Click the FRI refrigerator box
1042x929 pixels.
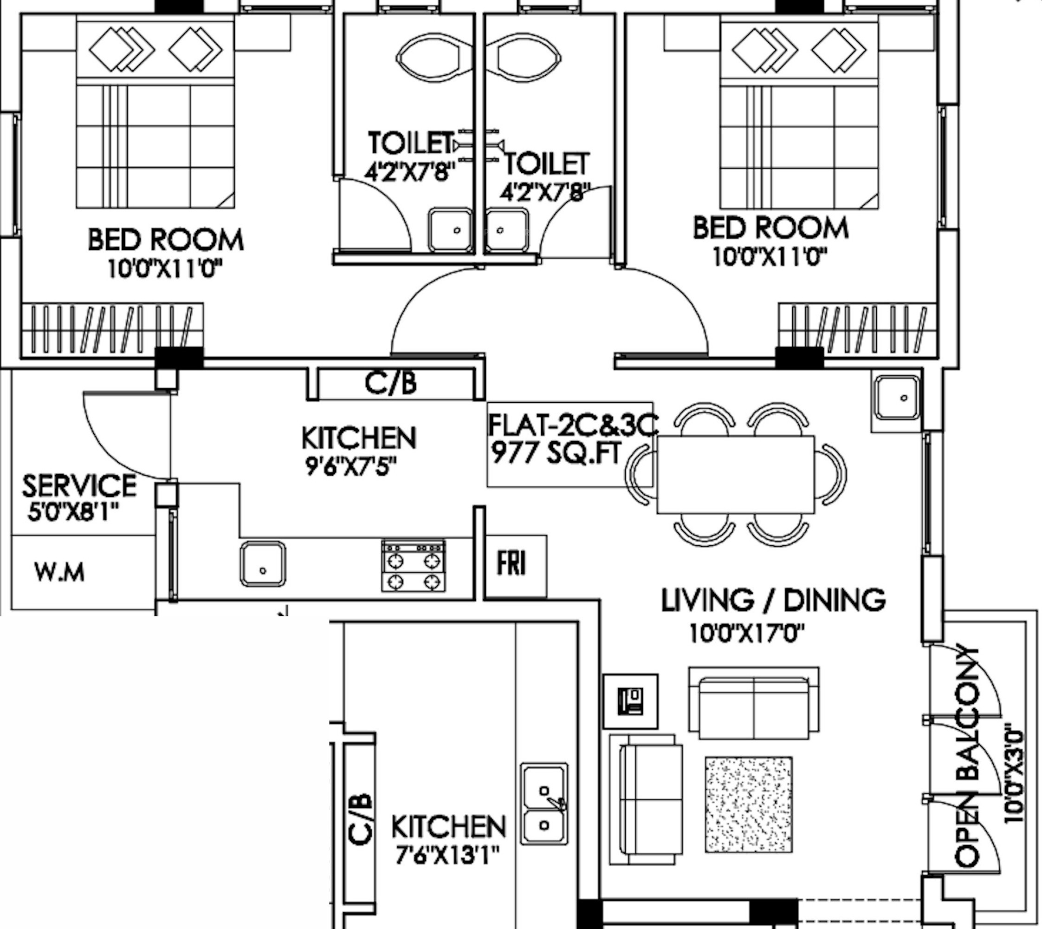[x=516, y=566]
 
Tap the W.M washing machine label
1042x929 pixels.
[x=60, y=572]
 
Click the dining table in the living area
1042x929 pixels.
[x=736, y=474]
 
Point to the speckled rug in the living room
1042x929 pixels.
[x=749, y=804]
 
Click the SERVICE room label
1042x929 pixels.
[x=79, y=485]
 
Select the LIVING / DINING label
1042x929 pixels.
[x=773, y=600]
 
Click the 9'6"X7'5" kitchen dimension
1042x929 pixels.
[x=351, y=465]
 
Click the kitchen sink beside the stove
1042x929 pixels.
[x=263, y=563]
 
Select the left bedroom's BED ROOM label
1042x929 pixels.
[x=166, y=240]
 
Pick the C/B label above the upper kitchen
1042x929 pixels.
[x=391, y=383]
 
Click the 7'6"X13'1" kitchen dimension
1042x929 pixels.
[x=447, y=855]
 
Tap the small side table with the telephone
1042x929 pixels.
[x=630, y=701]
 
